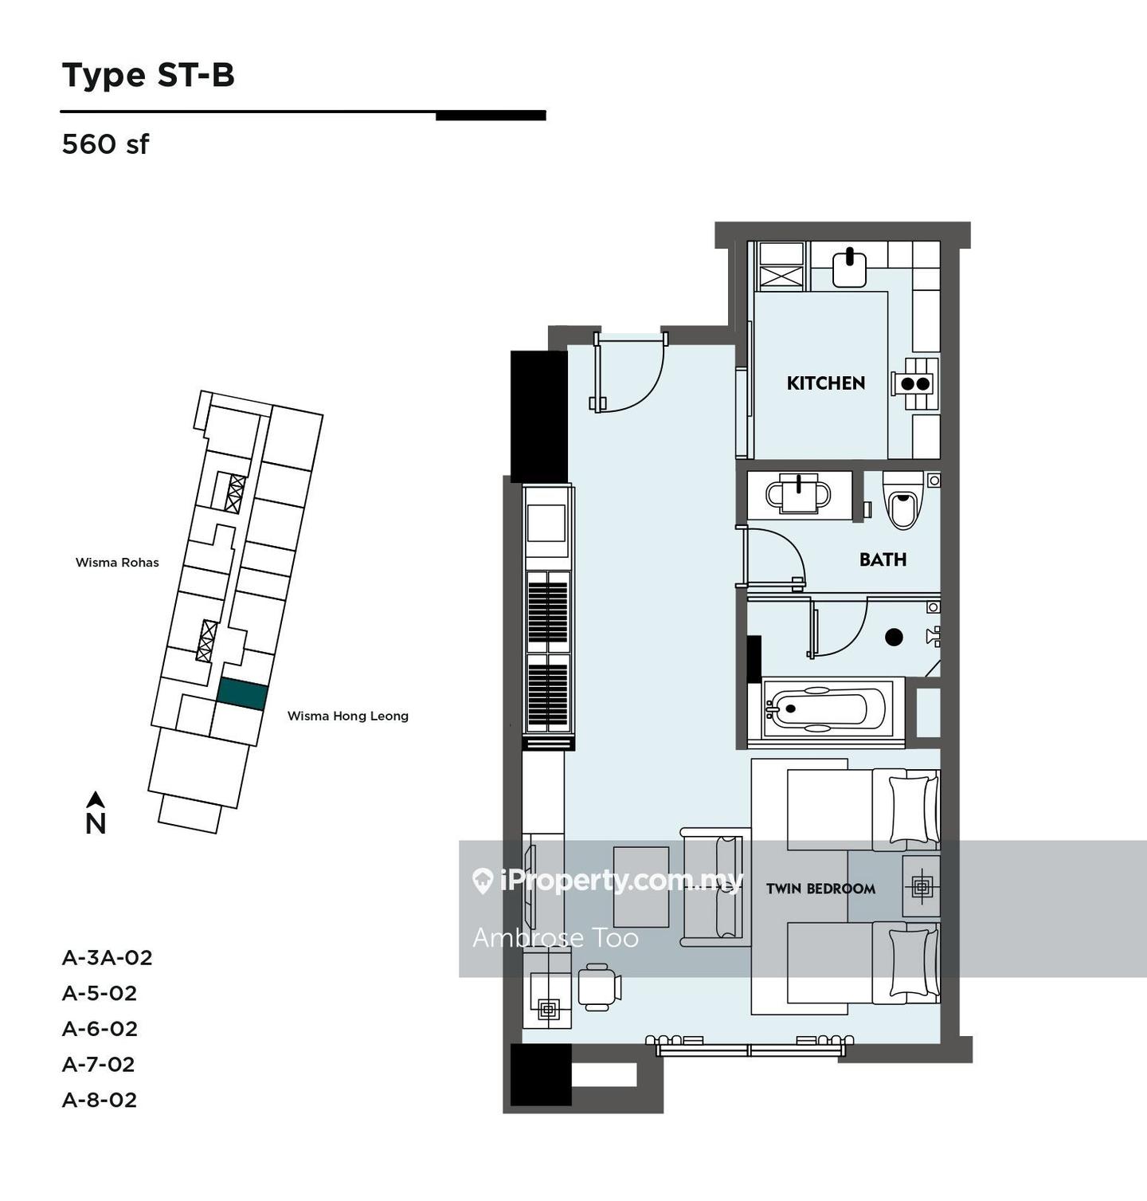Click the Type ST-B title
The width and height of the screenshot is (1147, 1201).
[x=148, y=75]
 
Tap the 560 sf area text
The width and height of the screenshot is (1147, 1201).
[x=105, y=144]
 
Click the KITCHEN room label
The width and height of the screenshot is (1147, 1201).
[x=825, y=383]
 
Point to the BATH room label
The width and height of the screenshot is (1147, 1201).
[x=883, y=559]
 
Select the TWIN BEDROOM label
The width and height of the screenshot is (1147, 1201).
[x=820, y=889]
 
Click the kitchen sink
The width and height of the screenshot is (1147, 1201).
[x=849, y=269]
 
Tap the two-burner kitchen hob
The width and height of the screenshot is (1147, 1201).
[x=914, y=383]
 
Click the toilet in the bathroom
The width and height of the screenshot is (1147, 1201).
[x=902, y=500]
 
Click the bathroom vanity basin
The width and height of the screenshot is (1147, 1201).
[x=798, y=495]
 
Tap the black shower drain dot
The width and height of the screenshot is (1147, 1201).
[x=894, y=637]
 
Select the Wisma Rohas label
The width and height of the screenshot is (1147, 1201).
[x=117, y=563]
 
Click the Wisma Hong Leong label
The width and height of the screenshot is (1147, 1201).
[x=348, y=716]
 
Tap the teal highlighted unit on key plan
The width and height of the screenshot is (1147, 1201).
[x=242, y=694]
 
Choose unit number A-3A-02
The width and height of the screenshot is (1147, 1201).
[x=108, y=957]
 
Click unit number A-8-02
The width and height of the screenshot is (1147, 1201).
[x=100, y=1100]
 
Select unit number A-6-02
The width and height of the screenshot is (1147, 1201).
[x=100, y=1029]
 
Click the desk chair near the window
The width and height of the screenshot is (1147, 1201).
[x=599, y=987]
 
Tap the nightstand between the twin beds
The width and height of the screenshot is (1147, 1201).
[x=921, y=886]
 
